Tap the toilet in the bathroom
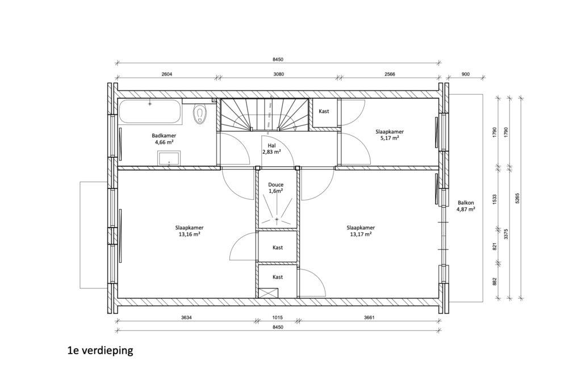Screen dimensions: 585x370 click(200, 113)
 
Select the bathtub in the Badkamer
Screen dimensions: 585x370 click(150, 111)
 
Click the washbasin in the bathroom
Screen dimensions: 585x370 click(169, 158)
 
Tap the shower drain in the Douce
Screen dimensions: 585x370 click(277, 220)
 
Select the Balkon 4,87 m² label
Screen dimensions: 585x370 click(466, 206)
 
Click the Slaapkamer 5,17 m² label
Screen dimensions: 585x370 click(390, 134)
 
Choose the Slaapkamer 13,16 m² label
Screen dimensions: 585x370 click(190, 231)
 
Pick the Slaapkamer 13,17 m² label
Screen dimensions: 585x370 click(361, 231)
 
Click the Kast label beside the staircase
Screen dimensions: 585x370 click(324, 111)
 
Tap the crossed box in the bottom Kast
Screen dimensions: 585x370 click(268, 292)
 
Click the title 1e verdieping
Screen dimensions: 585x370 click(101, 351)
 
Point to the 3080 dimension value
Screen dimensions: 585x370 click(278, 74)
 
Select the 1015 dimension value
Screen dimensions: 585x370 click(277, 318)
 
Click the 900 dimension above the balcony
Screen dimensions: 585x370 click(466, 74)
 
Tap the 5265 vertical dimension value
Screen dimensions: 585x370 click(517, 198)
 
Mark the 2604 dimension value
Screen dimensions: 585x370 click(167, 74)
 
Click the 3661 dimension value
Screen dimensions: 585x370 click(369, 318)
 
